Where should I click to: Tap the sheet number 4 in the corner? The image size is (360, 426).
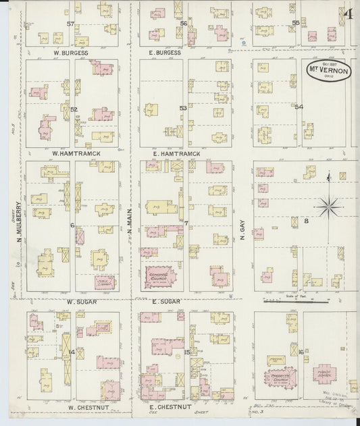point(349,14)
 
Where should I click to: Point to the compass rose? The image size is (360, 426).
point(328,205)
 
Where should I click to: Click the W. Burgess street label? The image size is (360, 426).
point(70,51)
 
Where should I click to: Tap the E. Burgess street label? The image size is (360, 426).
point(165,51)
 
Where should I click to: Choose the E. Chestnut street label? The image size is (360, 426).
point(171,408)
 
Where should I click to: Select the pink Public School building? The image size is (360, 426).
point(329,375)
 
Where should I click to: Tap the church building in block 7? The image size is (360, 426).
point(160,275)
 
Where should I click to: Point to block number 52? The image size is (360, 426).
point(74,109)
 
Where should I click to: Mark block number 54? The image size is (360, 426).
point(299,107)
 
